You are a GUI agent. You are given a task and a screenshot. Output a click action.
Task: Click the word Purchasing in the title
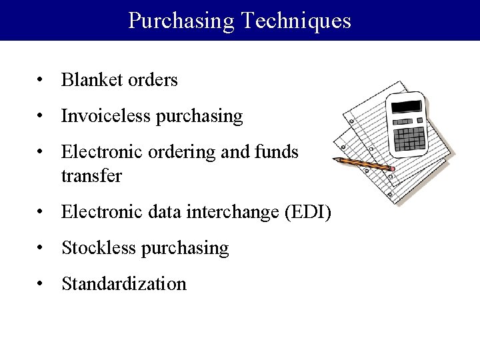coord(181,21)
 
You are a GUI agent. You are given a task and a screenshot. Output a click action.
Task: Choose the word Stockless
coord(97,248)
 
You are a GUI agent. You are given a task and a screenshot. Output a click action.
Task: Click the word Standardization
coord(124,284)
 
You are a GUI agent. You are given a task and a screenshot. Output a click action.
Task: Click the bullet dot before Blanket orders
coord(41,81)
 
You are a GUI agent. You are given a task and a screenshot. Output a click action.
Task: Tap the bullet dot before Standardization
coord(41,285)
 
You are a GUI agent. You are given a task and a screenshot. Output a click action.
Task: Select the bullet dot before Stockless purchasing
coord(41,249)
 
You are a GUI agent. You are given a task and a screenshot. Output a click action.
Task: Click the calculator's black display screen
coord(406,107)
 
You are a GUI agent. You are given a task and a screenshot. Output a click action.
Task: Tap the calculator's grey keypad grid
coord(410,139)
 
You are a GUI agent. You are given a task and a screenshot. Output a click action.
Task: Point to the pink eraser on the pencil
coord(393,169)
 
